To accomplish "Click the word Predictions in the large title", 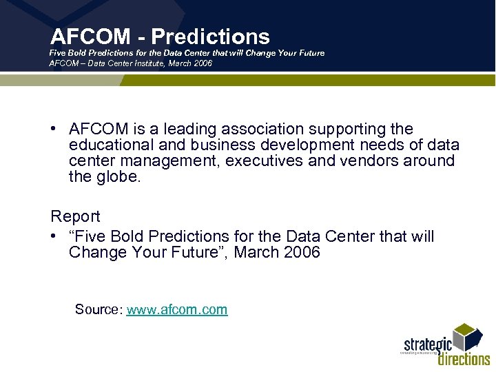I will point(211,37).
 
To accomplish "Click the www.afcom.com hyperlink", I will point(177,309).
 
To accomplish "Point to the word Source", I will point(98,309).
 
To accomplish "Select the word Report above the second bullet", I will point(75,216).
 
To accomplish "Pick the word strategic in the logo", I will point(426,342).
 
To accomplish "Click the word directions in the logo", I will point(464,358).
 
